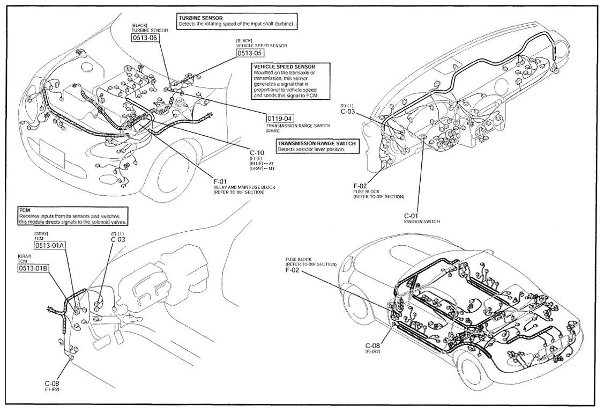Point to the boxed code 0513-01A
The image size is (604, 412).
49,246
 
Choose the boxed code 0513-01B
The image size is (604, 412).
33,268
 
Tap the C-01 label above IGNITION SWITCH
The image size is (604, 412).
411,216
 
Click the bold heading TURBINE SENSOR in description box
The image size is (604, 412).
200,18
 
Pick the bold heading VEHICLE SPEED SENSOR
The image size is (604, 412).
285,67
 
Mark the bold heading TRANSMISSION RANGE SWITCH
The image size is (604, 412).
317,143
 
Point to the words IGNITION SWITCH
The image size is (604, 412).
422,222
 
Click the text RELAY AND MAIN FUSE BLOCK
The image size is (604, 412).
244,187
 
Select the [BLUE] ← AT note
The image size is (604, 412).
262,164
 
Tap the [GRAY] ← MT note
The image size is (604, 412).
262,168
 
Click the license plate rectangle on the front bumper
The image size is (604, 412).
52,153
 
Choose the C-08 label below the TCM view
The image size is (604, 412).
52,384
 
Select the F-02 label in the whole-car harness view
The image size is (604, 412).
293,270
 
